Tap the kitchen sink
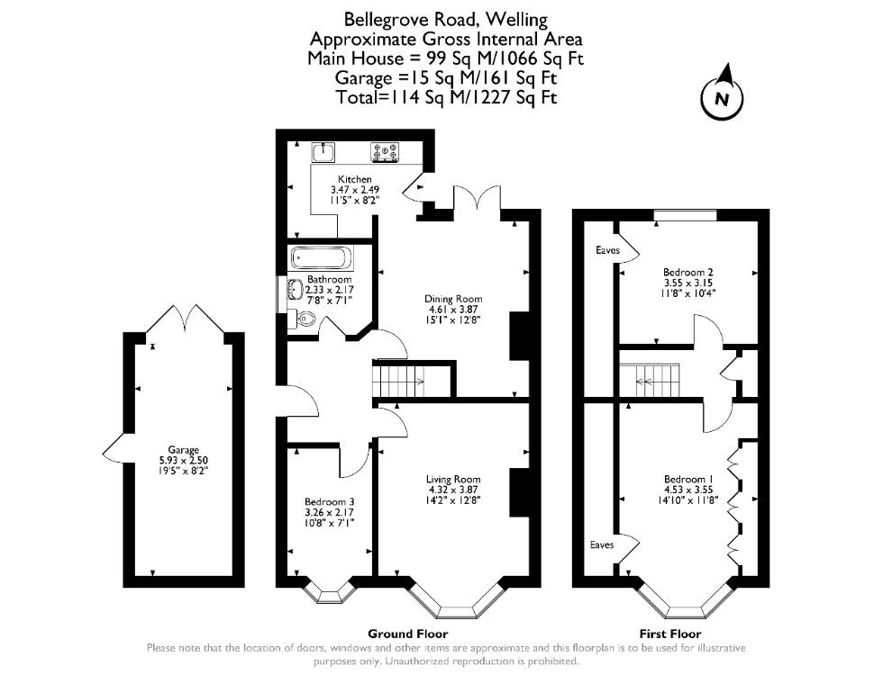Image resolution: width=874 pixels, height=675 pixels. tap(323, 151)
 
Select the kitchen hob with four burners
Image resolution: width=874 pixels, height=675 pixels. tap(385, 153)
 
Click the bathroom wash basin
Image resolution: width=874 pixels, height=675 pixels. tap(295, 290)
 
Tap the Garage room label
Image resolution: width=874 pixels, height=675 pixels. tap(184, 450)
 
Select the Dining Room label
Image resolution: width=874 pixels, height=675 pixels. tap(453, 299)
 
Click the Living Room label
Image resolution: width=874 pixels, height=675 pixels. tap(453, 480)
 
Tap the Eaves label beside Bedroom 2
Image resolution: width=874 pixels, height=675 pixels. tap(607, 250)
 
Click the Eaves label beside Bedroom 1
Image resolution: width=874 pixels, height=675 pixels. tap(602, 544)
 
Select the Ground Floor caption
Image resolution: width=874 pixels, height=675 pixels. tap(407, 634)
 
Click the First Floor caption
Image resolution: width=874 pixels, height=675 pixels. tap(670, 634)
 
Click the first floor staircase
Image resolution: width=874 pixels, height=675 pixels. tap(650, 382)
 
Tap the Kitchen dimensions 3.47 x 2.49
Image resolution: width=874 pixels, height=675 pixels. tap(355, 189)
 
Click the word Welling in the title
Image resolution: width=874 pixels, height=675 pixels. tap(516, 20)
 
